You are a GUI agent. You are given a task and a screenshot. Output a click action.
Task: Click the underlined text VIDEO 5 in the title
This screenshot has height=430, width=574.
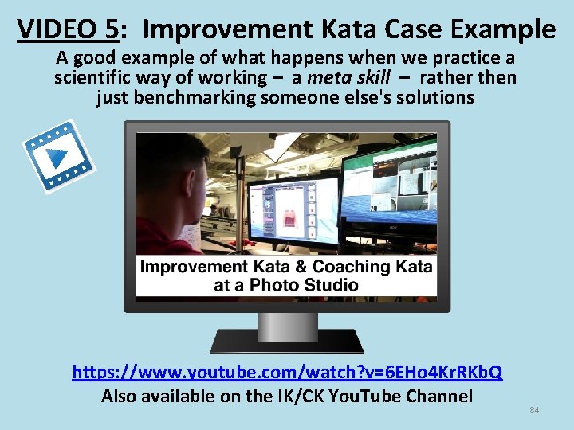coord(67,29)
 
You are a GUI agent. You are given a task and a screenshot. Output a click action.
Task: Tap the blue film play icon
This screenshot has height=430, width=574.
coord(57,156)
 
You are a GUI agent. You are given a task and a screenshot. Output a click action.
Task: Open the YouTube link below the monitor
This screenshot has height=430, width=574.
coord(287,372)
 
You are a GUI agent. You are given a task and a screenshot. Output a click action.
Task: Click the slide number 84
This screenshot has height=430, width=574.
coord(534,410)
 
